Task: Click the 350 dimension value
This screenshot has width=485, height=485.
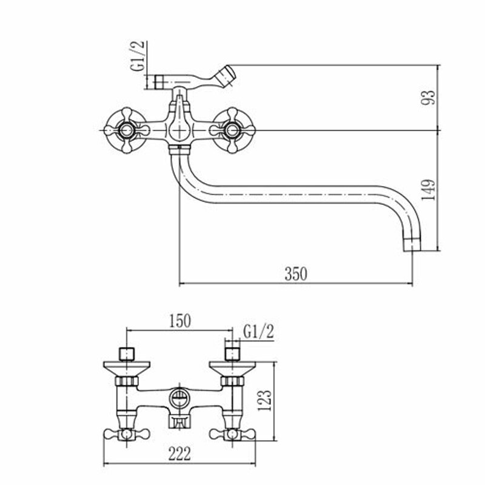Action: pyautogui.click(x=296, y=274)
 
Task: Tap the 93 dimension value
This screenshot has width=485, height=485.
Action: pyautogui.click(x=429, y=97)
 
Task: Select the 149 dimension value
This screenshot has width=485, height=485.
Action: pyautogui.click(x=429, y=190)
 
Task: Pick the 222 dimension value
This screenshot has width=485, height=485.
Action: pyautogui.click(x=180, y=453)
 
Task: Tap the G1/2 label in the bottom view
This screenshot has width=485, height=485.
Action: pyautogui.click(x=259, y=331)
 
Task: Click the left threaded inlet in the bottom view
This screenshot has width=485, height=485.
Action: pyautogui.click(x=126, y=353)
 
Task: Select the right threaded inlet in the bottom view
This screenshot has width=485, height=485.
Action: pyautogui.click(x=232, y=353)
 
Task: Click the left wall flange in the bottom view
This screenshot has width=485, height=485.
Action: pyautogui.click(x=126, y=367)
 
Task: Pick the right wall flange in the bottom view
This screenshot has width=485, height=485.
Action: pyautogui.click(x=232, y=367)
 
